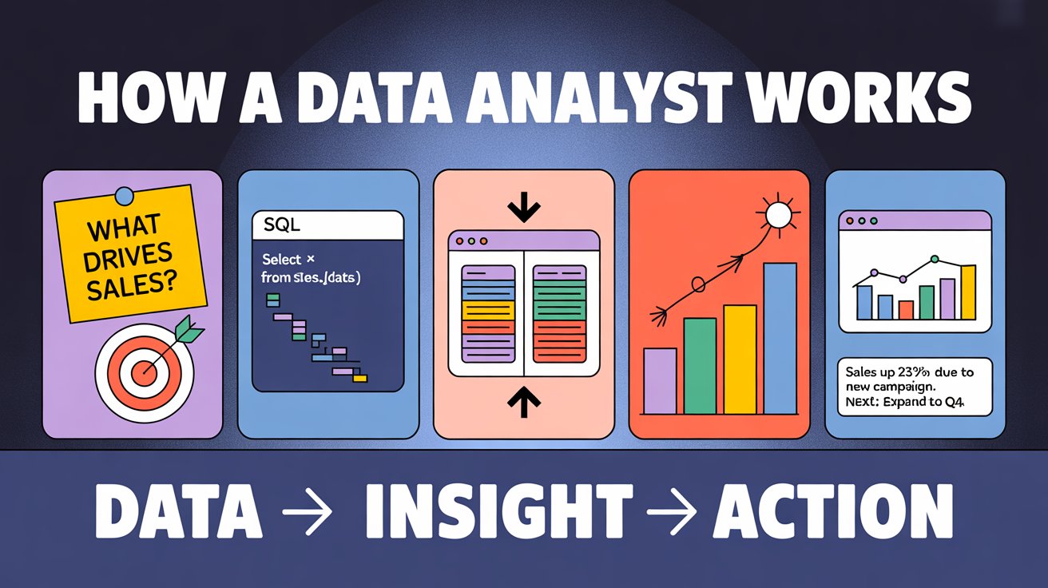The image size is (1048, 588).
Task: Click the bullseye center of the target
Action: [x=145, y=370]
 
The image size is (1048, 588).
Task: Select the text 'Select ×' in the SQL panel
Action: [x=288, y=260]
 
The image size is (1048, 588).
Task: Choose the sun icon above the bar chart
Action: [x=776, y=215]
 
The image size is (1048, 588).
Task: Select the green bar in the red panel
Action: [x=700, y=365]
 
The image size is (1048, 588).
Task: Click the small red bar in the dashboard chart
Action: [x=906, y=309]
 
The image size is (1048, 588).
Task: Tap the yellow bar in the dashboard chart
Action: [x=967, y=292]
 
